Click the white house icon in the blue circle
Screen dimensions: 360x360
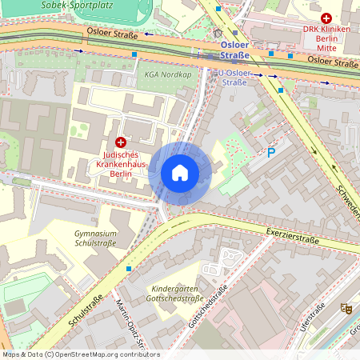click(x=180, y=173)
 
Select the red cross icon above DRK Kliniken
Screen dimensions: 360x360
click(x=326, y=18)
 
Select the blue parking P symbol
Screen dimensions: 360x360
click(x=271, y=152)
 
